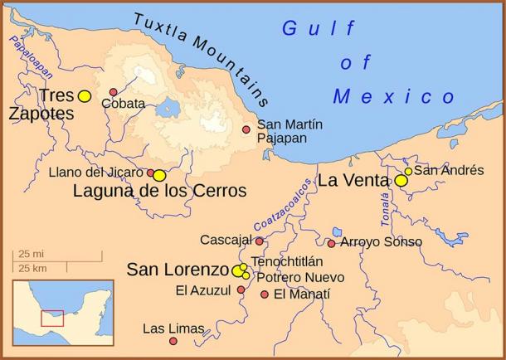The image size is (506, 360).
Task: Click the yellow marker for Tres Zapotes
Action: (84, 96)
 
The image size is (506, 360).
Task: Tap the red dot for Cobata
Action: (114, 92)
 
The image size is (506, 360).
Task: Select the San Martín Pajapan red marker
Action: (246, 129)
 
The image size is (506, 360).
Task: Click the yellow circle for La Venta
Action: (401, 180)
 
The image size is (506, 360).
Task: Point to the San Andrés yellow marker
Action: (408, 171)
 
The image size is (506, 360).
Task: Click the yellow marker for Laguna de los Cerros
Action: (159, 176)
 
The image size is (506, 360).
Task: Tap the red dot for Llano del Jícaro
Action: (151, 173)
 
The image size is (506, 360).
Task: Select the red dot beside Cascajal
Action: (259, 241)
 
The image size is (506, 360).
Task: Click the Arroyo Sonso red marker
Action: (331, 243)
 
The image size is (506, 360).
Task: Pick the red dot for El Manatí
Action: (265, 294)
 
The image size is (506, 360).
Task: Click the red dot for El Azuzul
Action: (241, 289)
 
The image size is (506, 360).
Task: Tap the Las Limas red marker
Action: (173, 341)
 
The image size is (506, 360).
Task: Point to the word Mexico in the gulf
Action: (394, 97)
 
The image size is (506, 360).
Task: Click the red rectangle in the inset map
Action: (52, 318)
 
